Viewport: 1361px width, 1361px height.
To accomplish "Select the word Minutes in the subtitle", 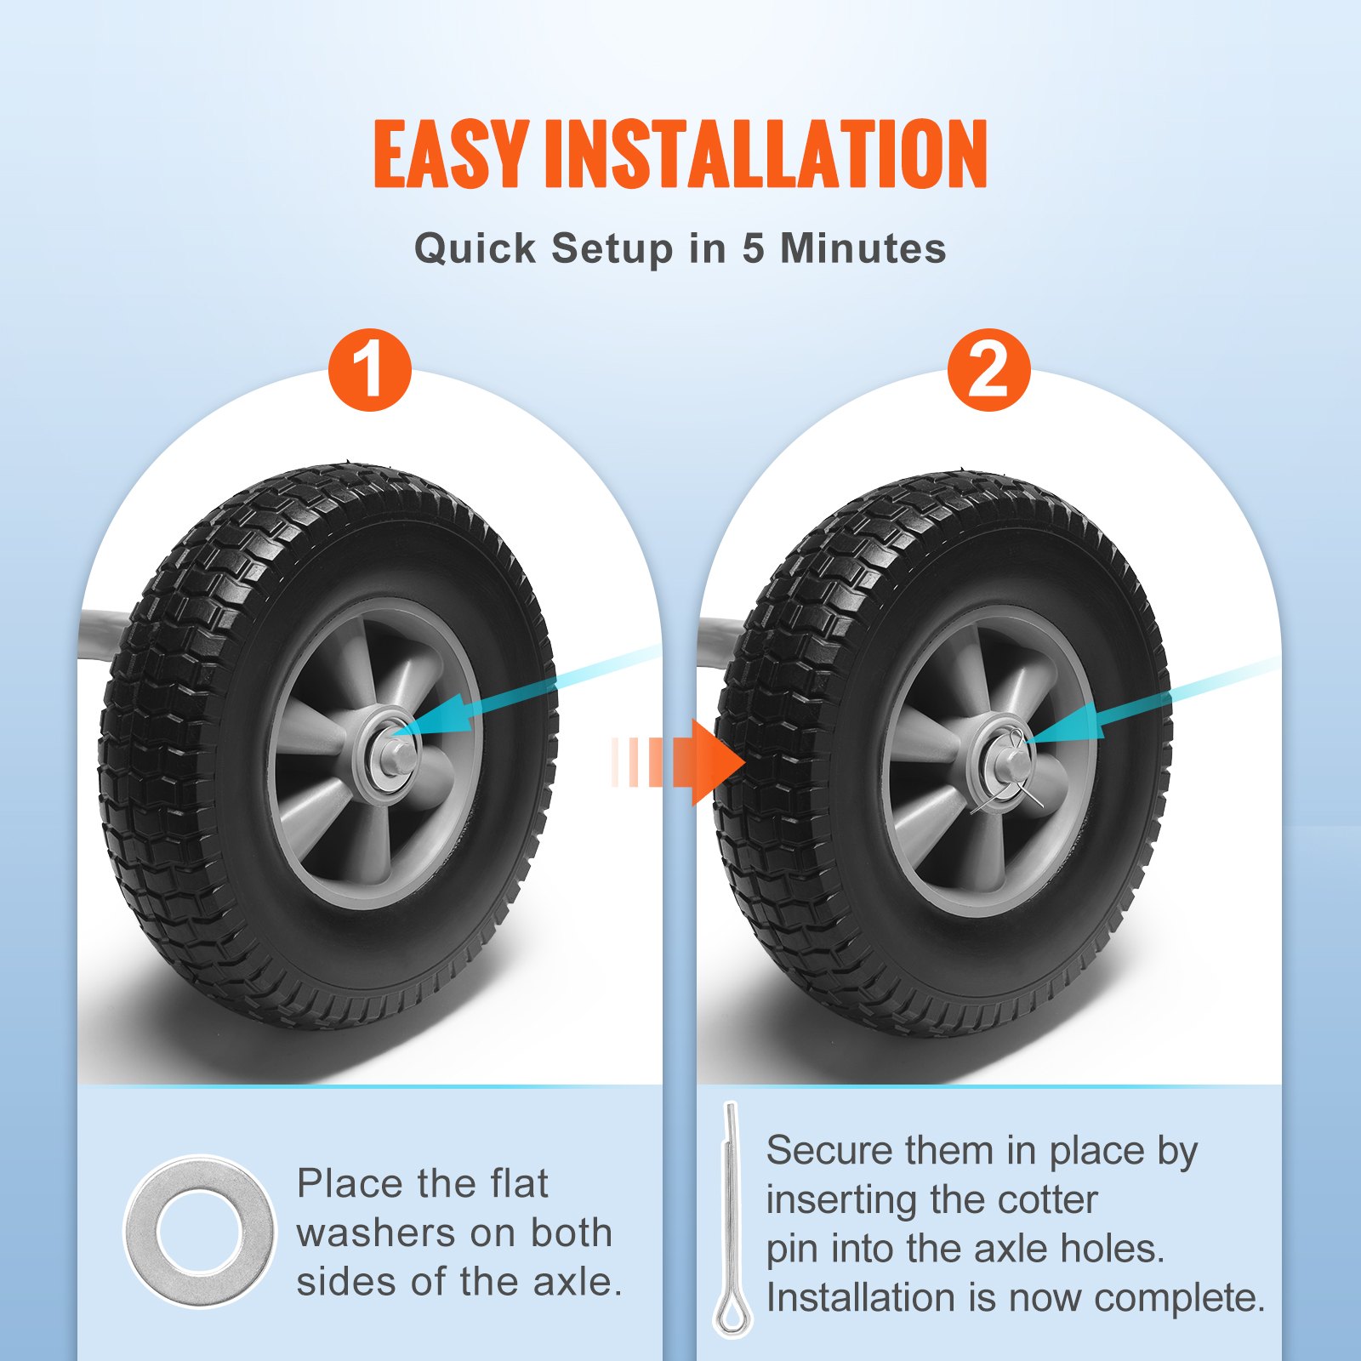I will [x=863, y=248].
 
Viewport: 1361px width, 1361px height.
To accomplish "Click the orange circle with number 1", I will [x=370, y=370].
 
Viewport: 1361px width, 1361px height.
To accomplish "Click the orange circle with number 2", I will [x=988, y=370].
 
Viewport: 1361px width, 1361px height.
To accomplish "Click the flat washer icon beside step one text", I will [x=199, y=1231].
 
